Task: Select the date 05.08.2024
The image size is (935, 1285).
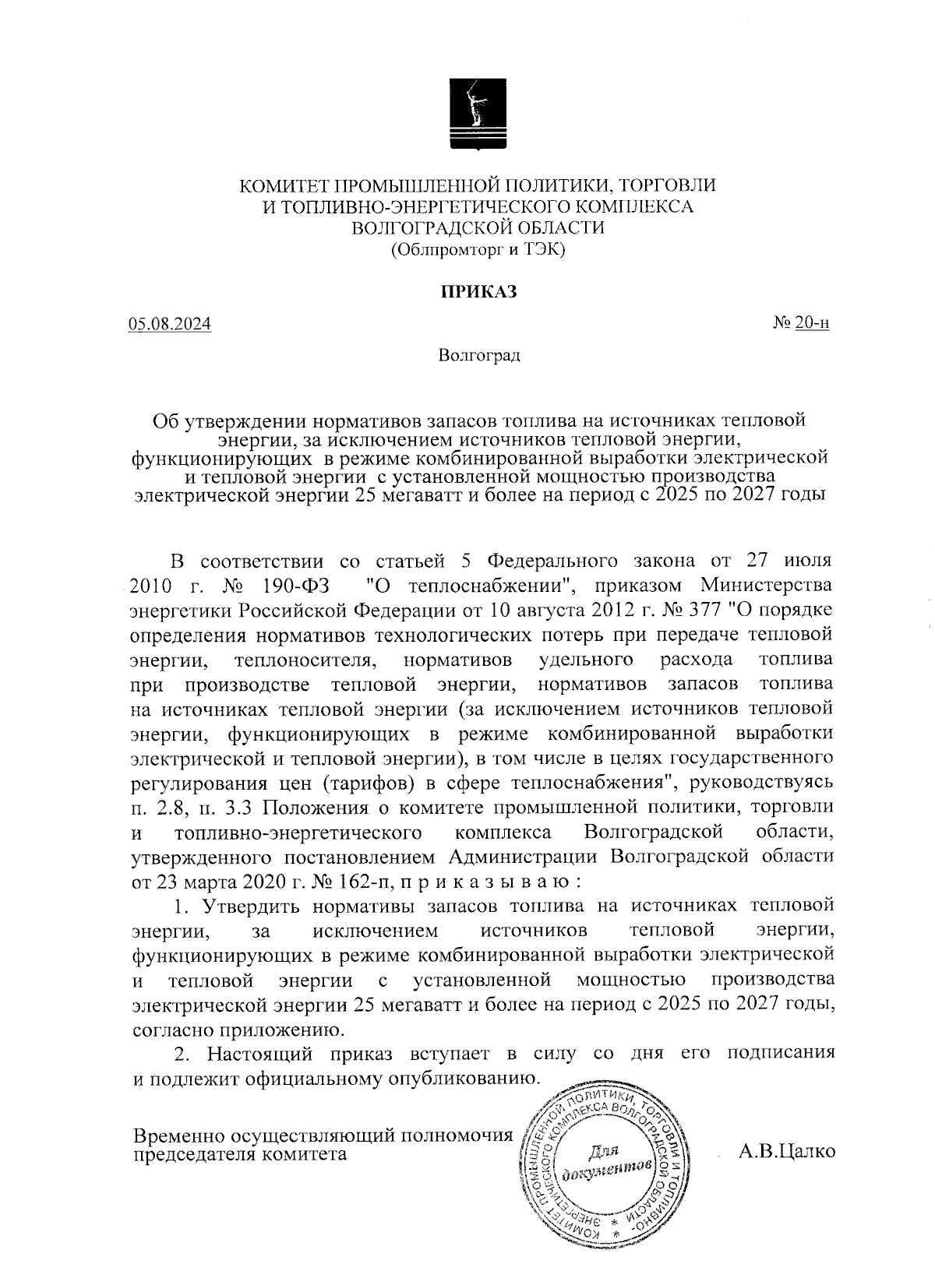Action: pos(170,324)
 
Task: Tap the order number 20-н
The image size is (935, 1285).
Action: pos(812,322)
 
